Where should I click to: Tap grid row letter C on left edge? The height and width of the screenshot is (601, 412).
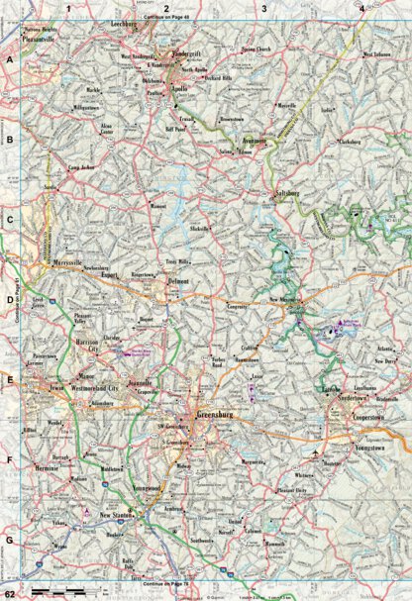(x=10, y=223)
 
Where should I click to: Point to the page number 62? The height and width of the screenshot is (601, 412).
(x=9, y=593)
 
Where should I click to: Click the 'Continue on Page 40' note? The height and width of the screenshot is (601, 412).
(x=163, y=18)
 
